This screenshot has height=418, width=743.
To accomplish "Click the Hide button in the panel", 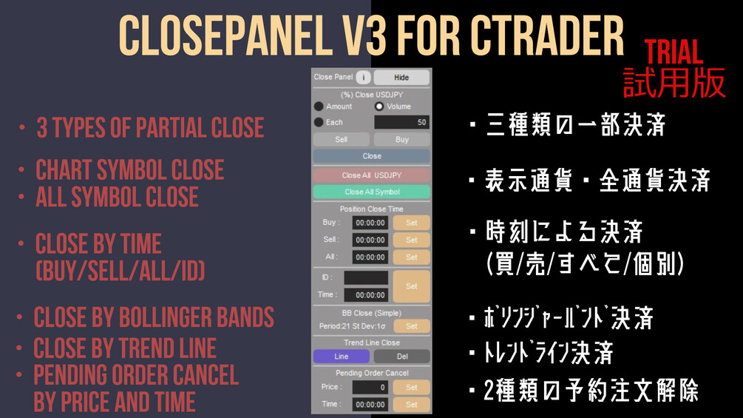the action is [401, 77].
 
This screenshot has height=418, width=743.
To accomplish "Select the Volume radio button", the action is [379, 106].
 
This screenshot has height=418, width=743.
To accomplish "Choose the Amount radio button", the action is [319, 106].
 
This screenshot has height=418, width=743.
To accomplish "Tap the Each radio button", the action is [319, 122].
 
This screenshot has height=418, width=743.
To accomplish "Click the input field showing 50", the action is [402, 122].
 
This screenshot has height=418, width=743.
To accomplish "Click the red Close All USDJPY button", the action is [371, 175].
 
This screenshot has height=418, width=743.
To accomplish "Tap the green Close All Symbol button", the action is [371, 192].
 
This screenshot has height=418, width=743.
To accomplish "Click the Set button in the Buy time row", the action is [411, 223].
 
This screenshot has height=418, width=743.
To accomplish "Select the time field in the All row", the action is [370, 257].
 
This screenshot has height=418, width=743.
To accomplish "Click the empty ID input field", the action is [366, 277].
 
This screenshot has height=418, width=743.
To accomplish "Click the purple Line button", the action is [341, 357].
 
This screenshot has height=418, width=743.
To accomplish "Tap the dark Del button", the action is [402, 357].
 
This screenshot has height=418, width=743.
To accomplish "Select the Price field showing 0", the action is [370, 387].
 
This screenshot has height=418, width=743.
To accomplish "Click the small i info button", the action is [364, 77].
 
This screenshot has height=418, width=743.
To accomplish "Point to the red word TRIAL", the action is [674, 53].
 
